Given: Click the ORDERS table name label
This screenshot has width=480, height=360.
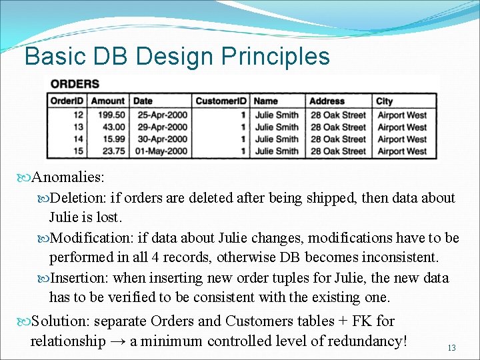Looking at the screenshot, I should pos(75,84).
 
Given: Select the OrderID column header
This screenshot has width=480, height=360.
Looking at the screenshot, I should pos(67,101).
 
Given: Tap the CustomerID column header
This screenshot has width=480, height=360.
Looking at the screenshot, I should pos(221,101).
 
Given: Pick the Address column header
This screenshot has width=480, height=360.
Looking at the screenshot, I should pos(327,101).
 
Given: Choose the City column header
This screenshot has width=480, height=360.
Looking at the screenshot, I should pos(385,101).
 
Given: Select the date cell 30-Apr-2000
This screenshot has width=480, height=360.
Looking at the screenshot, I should pos(160,139).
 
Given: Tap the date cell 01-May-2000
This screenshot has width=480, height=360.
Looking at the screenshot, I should pos(160,151).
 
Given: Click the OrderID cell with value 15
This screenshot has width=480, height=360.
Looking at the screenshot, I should pos(79,151).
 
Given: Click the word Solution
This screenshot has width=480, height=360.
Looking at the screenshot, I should pos(57,321).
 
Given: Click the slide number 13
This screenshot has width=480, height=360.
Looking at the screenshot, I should pos(451,348).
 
